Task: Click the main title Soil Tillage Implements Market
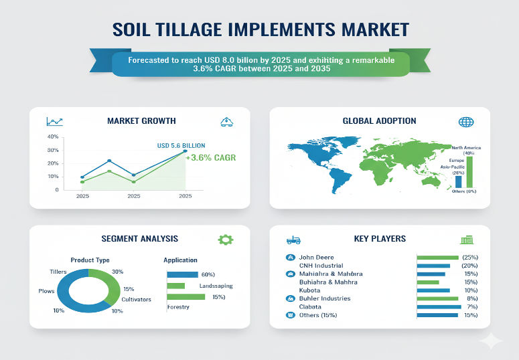(259, 31)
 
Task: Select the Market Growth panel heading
(141, 121)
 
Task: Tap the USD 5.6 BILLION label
(181, 145)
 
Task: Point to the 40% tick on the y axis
(53, 137)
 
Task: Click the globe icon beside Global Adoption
(465, 122)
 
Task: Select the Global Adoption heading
(378, 121)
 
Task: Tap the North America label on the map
(466, 147)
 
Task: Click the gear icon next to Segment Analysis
(226, 240)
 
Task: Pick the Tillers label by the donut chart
(58, 272)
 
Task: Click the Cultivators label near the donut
(137, 299)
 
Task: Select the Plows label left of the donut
(47, 291)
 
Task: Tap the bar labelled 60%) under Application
(182, 274)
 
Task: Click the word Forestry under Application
(178, 307)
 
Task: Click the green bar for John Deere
(437, 257)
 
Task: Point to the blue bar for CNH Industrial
(433, 266)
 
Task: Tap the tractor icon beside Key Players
(293, 240)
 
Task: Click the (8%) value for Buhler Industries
(471, 298)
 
